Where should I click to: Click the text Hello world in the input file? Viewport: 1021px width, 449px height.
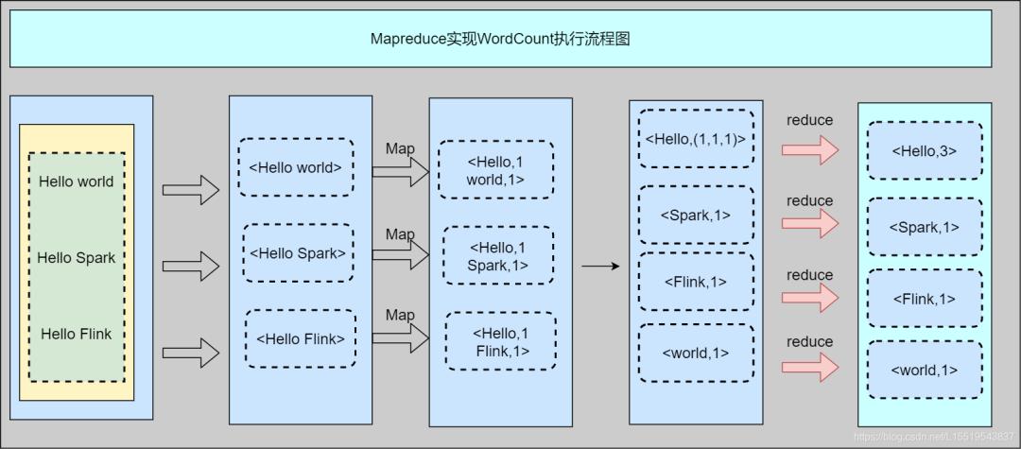77,181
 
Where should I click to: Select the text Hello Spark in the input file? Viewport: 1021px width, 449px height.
77,257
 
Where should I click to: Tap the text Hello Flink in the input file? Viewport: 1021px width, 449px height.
77,334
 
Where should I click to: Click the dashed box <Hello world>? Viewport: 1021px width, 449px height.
296,168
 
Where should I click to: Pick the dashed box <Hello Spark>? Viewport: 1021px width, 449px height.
298,253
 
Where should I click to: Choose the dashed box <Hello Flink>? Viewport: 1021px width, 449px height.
301,338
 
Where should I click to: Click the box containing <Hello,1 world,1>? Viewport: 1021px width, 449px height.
495,170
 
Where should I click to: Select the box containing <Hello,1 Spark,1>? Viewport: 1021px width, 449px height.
498,256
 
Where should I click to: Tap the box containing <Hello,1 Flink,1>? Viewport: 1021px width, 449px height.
501,341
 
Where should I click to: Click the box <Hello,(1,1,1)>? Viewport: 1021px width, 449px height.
696,139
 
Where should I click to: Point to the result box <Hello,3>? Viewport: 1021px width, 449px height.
925,150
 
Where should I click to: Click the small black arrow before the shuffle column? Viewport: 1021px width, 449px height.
599,267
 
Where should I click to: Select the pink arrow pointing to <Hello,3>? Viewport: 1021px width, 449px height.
810,149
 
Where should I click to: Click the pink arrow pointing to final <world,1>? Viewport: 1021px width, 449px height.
810,367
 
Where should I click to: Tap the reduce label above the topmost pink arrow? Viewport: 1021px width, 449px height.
810,120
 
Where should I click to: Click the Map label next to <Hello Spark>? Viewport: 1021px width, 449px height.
400,234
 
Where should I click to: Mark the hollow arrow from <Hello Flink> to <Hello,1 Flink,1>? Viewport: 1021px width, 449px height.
401,338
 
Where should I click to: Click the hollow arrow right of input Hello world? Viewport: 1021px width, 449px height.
190,190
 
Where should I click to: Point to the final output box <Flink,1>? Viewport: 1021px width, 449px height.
925,299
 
